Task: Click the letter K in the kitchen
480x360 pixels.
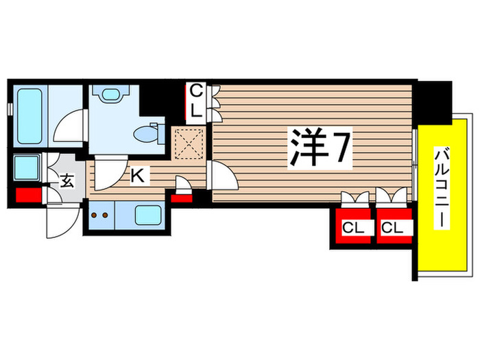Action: point(137,176)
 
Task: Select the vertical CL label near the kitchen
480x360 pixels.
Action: point(195,99)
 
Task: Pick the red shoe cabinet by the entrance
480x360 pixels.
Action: point(27,195)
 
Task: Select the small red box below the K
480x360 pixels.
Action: point(182,200)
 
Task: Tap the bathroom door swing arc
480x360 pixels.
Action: point(69,129)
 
